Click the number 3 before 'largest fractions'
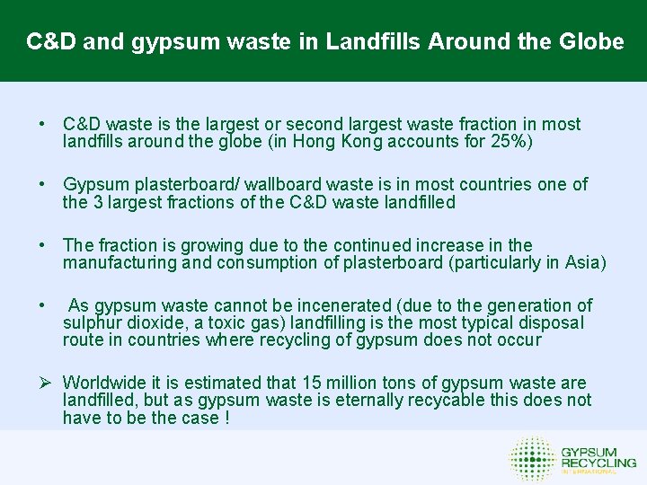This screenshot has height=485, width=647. pyautogui.click(x=97, y=202)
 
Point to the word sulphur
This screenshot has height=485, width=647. pyautogui.click(x=92, y=322)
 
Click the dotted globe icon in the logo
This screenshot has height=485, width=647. pyautogui.click(x=532, y=458)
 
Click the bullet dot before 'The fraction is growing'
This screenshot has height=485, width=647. pyautogui.click(x=42, y=245)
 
